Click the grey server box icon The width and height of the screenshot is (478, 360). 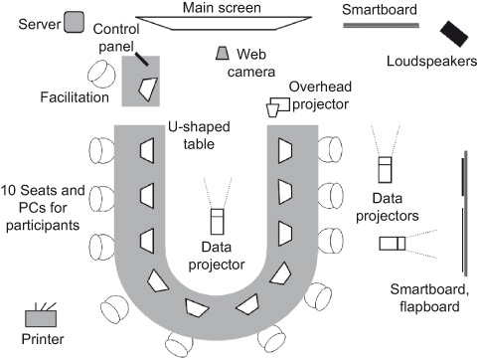tap(75, 23)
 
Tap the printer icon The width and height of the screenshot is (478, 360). tap(41, 317)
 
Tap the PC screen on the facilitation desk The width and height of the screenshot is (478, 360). tap(148, 89)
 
